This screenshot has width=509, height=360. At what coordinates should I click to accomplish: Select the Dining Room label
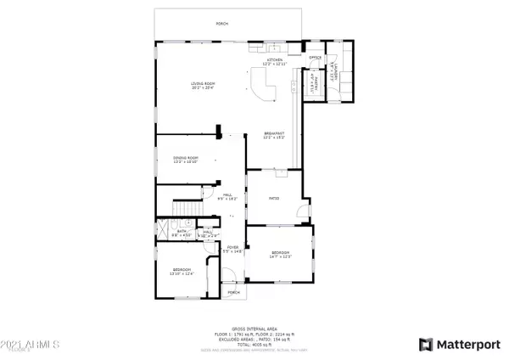click(x=186, y=159)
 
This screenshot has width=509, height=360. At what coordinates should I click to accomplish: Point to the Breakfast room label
click(x=273, y=135)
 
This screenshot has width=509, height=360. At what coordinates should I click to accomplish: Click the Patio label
click(x=274, y=200)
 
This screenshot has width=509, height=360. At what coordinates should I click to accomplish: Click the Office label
click(x=313, y=58)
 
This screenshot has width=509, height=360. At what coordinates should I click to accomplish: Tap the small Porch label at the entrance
click(x=232, y=292)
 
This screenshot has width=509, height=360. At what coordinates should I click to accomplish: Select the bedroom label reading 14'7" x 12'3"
click(x=281, y=254)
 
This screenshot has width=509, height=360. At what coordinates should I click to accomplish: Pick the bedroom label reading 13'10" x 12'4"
click(x=183, y=272)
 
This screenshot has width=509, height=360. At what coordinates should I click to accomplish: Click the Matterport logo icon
click(x=427, y=344)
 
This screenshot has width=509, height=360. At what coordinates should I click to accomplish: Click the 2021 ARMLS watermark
click(x=31, y=346)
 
